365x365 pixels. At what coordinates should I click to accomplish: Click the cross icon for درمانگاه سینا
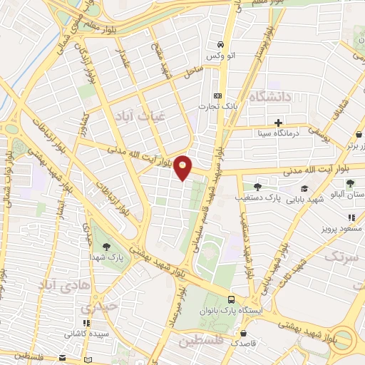[x=278, y=123]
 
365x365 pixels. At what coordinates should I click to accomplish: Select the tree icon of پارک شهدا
[x=106, y=247]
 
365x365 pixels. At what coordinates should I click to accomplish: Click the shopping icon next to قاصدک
[x=245, y=332]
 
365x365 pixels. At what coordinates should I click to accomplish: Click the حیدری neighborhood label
[x=96, y=309]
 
